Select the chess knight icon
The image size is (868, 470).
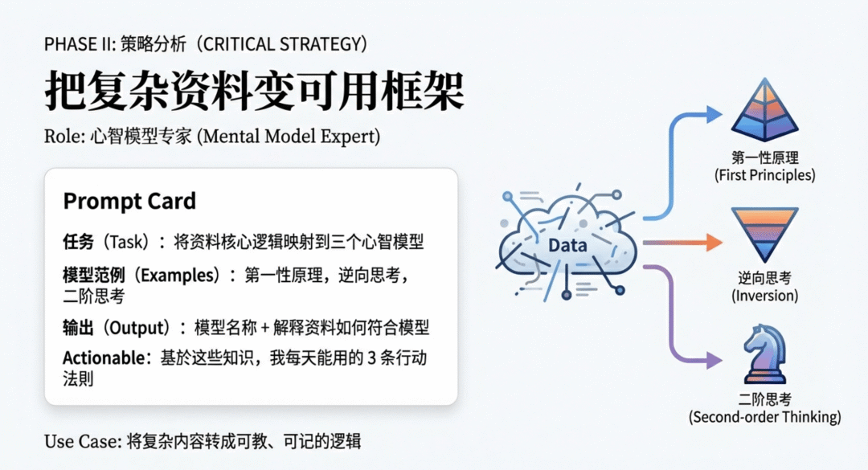tap(764, 354)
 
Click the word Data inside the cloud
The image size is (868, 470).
tap(567, 245)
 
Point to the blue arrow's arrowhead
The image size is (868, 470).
tap(714, 115)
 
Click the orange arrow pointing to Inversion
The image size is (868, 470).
tap(683, 243)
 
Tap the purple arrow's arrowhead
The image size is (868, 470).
tap(714, 361)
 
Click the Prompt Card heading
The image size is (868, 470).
tap(129, 201)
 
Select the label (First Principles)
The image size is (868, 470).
tap(764, 175)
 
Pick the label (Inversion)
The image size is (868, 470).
tap(764, 296)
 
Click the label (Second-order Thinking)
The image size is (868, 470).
tap(764, 417)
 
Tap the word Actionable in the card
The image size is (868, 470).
tap(104, 358)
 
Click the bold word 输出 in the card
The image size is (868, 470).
tap(78, 328)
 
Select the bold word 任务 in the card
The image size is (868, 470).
tap(78, 242)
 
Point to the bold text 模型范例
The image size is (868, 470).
tap(93, 275)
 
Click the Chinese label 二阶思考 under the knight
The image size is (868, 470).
tap(764, 399)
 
